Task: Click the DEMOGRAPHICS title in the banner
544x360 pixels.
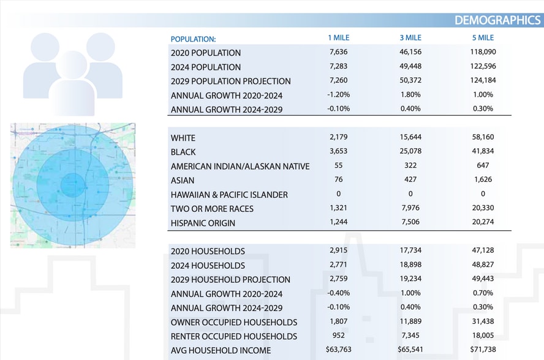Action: click(x=497, y=20)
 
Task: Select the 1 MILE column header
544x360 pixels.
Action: click(x=338, y=38)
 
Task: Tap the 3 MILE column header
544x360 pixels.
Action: click(x=410, y=38)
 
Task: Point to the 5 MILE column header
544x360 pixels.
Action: click(x=483, y=38)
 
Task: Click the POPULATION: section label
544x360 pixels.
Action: click(x=193, y=39)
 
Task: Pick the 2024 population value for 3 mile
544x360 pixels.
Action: click(x=410, y=66)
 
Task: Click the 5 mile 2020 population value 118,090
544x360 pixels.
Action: click(x=483, y=51)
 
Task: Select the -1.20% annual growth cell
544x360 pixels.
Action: click(x=338, y=94)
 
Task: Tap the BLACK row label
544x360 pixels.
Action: click(x=183, y=152)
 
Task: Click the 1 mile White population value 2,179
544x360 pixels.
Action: click(x=338, y=137)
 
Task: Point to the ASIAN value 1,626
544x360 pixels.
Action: click(x=483, y=179)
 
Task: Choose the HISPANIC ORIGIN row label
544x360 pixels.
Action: click(x=203, y=223)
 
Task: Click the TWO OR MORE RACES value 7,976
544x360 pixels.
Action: click(x=410, y=208)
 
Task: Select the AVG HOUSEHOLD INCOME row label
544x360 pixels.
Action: click(x=221, y=350)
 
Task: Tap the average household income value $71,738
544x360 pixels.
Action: click(x=483, y=349)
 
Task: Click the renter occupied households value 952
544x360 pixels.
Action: click(x=338, y=336)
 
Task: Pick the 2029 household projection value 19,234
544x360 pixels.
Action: click(x=410, y=279)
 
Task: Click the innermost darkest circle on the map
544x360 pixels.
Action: click(x=73, y=185)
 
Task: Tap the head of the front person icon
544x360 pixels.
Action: click(x=72, y=65)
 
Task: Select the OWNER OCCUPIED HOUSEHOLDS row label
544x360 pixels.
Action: click(x=234, y=322)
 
